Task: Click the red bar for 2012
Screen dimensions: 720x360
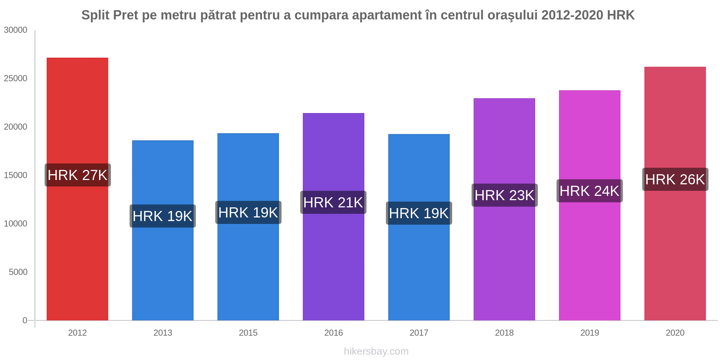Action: click(77, 189)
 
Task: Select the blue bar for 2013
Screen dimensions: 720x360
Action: click(163, 230)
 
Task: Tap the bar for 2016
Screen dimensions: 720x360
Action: click(333, 217)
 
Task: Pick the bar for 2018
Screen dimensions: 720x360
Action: click(504, 209)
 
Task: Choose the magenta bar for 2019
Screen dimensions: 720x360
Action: click(590, 205)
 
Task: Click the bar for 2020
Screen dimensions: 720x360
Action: click(675, 194)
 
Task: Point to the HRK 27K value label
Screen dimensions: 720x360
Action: click(78, 175)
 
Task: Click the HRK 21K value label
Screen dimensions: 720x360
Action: click(333, 202)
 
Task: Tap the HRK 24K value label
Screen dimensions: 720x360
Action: click(590, 191)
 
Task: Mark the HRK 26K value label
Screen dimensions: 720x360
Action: click(675, 179)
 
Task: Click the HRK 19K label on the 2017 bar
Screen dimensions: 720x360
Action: click(419, 213)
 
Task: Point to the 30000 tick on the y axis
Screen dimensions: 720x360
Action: click(16, 30)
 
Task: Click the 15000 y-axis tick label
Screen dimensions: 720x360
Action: click(16, 175)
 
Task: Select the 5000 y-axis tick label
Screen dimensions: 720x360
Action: click(18, 272)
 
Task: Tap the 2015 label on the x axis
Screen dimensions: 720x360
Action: click(248, 333)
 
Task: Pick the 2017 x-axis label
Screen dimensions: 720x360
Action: click(419, 333)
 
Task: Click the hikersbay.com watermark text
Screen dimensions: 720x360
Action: click(376, 351)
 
